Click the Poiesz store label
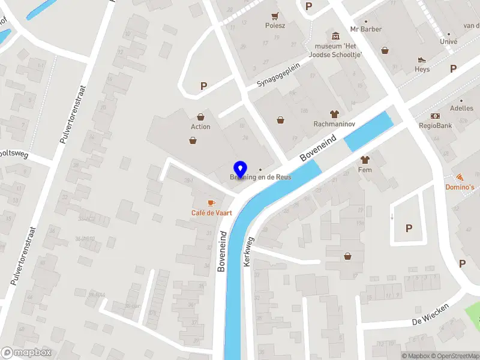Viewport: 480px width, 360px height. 275,25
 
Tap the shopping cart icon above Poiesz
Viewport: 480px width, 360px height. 275,16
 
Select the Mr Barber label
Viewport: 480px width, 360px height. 367,29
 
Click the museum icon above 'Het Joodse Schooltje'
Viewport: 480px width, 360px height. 335,36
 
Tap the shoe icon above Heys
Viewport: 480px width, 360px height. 422,60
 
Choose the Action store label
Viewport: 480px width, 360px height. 200,127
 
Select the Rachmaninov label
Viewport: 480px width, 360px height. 335,124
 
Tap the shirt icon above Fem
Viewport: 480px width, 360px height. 365,160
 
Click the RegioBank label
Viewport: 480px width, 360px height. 436,126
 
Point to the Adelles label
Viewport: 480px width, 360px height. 461,109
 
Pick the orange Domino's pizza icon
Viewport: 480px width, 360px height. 460,178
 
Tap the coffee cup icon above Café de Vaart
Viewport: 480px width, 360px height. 211,203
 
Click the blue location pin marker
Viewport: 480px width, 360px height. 240,169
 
